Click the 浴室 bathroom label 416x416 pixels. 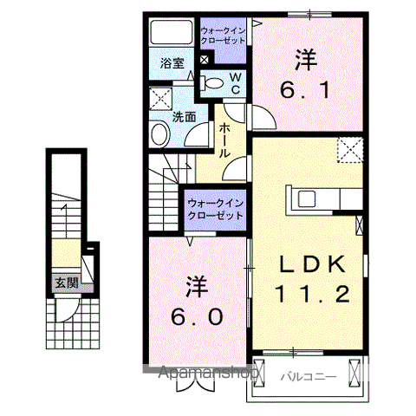click(x=172, y=62)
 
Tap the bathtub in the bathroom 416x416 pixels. click(x=172, y=34)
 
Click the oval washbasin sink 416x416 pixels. click(x=159, y=134)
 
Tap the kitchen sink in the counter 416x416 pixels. click(x=309, y=198)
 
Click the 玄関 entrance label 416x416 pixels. click(x=65, y=283)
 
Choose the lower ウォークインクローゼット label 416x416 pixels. click(x=215, y=210)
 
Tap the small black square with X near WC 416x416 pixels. click(x=204, y=60)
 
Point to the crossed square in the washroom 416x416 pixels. click(x=159, y=97)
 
